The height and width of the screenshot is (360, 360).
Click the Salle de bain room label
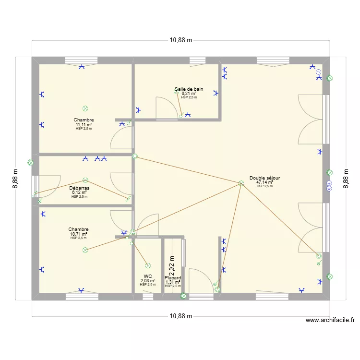click(x=189, y=89)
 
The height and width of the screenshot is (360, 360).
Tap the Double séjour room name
click(x=264, y=178)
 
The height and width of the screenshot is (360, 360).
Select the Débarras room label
click(x=79, y=188)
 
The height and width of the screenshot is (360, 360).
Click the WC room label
click(x=147, y=276)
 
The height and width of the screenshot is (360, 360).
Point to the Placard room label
click(x=173, y=278)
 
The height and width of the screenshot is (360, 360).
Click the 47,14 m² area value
click(x=264, y=182)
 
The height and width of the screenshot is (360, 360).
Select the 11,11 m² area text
click(x=84, y=124)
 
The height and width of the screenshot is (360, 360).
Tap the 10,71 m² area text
click(x=78, y=234)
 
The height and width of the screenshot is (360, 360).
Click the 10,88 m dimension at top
click(x=180, y=40)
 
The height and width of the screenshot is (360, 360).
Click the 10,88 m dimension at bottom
click(x=180, y=316)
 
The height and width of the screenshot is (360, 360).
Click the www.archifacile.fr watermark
click(x=330, y=320)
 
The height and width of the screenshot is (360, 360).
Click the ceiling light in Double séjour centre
click(x=241, y=183)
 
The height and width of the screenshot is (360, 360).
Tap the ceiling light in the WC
click(x=147, y=265)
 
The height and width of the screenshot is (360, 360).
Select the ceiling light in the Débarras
click(x=85, y=180)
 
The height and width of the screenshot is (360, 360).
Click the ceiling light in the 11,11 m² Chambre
click(x=85, y=108)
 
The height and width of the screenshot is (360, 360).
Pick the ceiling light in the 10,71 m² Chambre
click(x=85, y=250)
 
